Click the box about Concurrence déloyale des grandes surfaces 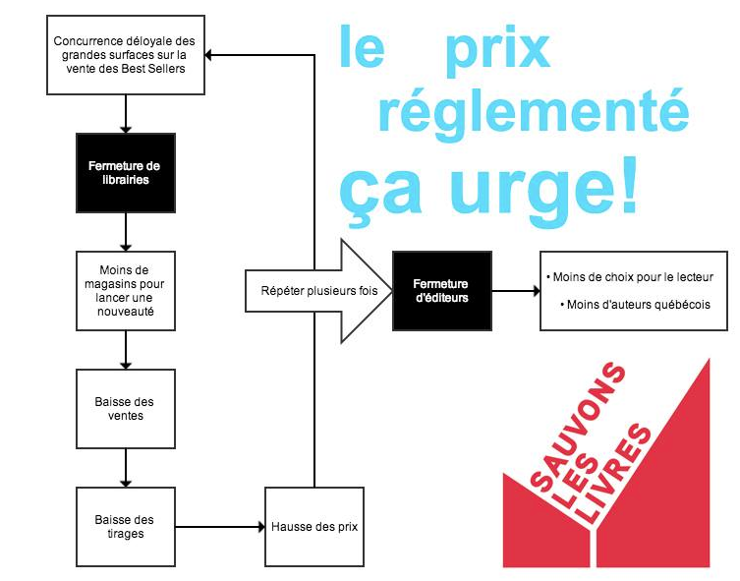[x=126, y=54]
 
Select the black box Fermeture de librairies [x=126, y=172]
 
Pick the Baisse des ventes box [x=126, y=408]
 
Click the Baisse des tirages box [x=126, y=526]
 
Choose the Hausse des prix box [x=313, y=526]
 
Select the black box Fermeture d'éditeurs [x=440, y=291]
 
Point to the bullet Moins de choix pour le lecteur [x=629, y=276]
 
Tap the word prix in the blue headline [x=496, y=49]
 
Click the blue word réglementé [x=532, y=111]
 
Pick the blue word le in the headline [x=362, y=49]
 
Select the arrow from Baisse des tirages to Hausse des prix [x=220, y=526]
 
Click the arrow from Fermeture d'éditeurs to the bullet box [x=515, y=291]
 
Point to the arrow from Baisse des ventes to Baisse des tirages [x=126, y=467]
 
